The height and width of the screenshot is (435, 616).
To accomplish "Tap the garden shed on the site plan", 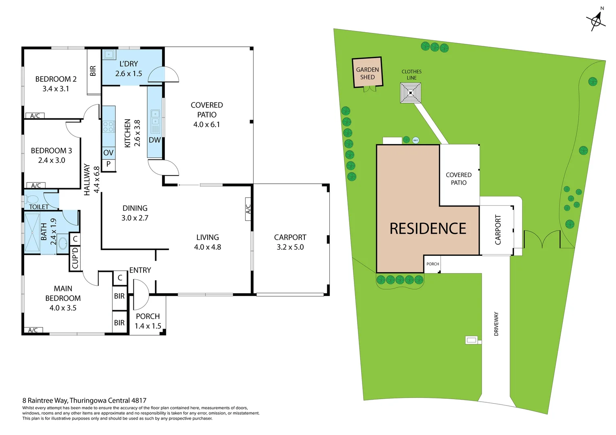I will tap(367, 73).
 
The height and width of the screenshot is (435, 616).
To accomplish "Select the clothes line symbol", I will tap(410, 93).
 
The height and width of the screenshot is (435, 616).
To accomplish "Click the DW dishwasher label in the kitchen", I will tap(155, 140).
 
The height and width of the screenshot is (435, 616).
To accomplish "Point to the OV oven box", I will tap(108, 153).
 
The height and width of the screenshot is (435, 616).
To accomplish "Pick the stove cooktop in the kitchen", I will tap(108, 127).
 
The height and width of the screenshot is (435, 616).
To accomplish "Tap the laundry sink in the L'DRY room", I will tap(109, 54).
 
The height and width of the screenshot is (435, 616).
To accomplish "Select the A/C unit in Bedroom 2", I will tap(35, 116).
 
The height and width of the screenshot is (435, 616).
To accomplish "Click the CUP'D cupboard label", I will tap(75, 258).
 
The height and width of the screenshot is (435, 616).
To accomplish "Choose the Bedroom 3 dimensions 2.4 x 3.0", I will tap(52, 160).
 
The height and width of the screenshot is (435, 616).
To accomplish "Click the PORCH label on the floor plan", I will tap(148, 317).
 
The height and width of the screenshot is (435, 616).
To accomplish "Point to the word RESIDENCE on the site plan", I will tap(428, 229).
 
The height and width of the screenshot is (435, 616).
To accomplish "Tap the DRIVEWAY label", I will tap(496, 324).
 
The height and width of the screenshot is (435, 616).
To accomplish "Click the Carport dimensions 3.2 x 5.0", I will tap(290, 247).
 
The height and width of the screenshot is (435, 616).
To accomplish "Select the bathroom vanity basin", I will tap(63, 243).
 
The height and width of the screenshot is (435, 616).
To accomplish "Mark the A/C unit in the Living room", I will tap(248, 209).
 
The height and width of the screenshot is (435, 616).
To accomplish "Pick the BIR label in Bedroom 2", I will tap(93, 71).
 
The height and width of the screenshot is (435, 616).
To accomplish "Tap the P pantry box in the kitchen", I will tap(108, 164).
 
